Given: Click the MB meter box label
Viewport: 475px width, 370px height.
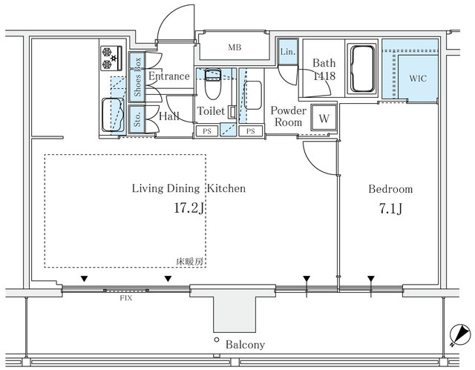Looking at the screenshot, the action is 235,47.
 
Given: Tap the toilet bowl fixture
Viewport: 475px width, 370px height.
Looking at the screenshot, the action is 213,84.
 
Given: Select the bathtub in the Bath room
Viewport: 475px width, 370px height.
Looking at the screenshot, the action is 362,68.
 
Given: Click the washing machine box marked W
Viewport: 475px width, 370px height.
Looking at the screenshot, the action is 324,118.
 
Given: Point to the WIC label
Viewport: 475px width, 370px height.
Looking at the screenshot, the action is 418,79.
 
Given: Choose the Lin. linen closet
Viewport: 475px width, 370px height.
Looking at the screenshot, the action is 287,51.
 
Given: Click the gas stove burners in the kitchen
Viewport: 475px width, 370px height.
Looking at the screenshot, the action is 111,58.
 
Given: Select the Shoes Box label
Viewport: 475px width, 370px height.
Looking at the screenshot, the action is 137,77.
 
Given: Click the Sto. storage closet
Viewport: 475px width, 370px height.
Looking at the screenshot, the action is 137,119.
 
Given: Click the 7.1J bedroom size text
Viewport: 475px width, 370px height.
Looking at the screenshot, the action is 390,208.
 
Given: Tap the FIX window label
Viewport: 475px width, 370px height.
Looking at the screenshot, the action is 125,298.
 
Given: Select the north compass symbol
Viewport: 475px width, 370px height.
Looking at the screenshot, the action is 460,335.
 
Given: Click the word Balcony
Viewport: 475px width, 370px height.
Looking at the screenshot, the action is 245,345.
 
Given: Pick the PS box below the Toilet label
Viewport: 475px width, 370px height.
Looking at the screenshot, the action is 206,131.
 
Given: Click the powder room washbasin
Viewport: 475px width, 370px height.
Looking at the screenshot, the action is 252,95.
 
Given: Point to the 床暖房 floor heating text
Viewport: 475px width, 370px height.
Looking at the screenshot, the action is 189,262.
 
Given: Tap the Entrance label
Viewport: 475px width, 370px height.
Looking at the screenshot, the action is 168,76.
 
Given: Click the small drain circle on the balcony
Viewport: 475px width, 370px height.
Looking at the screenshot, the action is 216,340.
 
